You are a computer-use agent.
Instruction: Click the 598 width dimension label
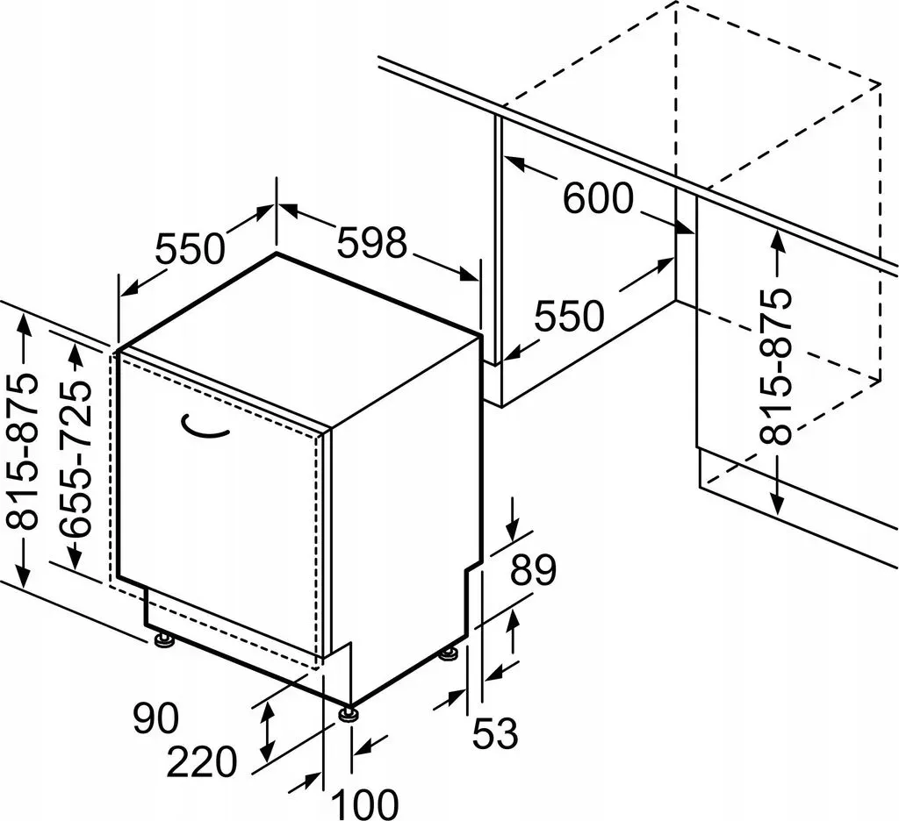pos(371,242)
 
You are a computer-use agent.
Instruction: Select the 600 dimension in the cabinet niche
pos(598,197)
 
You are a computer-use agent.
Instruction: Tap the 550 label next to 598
pos(191,248)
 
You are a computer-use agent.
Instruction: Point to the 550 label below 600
pos(569,316)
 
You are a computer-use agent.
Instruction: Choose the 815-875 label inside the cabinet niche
pos(776,367)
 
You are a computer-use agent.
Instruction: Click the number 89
pos(533,570)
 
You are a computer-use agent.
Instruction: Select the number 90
pos(156,717)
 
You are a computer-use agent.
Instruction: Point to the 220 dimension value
pos(202,761)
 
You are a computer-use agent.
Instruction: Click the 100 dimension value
pos(364,803)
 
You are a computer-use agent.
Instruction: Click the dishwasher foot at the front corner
pos(348,713)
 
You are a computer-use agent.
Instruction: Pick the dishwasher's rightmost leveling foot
pos(449,653)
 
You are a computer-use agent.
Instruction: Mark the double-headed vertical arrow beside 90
pos(267,732)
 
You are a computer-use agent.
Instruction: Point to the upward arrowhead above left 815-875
pos(24,325)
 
